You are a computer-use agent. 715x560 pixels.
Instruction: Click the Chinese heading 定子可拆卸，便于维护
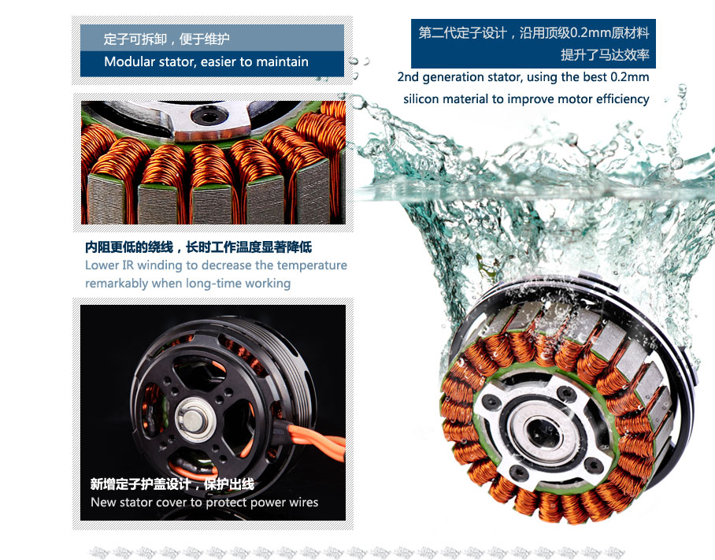(166, 39)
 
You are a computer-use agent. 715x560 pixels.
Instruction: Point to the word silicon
(420, 99)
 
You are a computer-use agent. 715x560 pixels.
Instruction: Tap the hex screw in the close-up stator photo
(209, 115)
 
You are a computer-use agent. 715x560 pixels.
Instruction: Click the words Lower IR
(109, 265)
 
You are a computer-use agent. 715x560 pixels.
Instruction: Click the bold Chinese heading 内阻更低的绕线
(129, 247)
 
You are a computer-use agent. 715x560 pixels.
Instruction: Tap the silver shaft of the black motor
(192, 420)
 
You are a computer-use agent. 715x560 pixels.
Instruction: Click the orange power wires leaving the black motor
(315, 439)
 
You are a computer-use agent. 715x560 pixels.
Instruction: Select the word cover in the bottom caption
(172, 503)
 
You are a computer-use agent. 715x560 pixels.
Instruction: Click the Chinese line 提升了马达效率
(605, 54)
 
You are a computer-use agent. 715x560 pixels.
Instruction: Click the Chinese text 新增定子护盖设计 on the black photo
(140, 484)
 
